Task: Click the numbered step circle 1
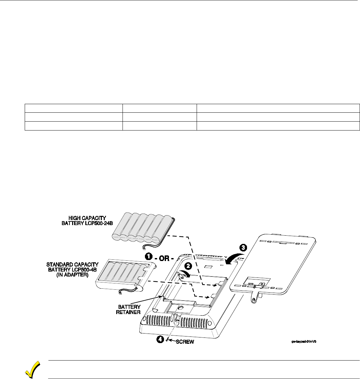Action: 149,256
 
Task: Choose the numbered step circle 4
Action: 159,339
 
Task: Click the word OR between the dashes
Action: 164,258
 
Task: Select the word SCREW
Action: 184,342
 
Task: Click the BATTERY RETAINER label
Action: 128,309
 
